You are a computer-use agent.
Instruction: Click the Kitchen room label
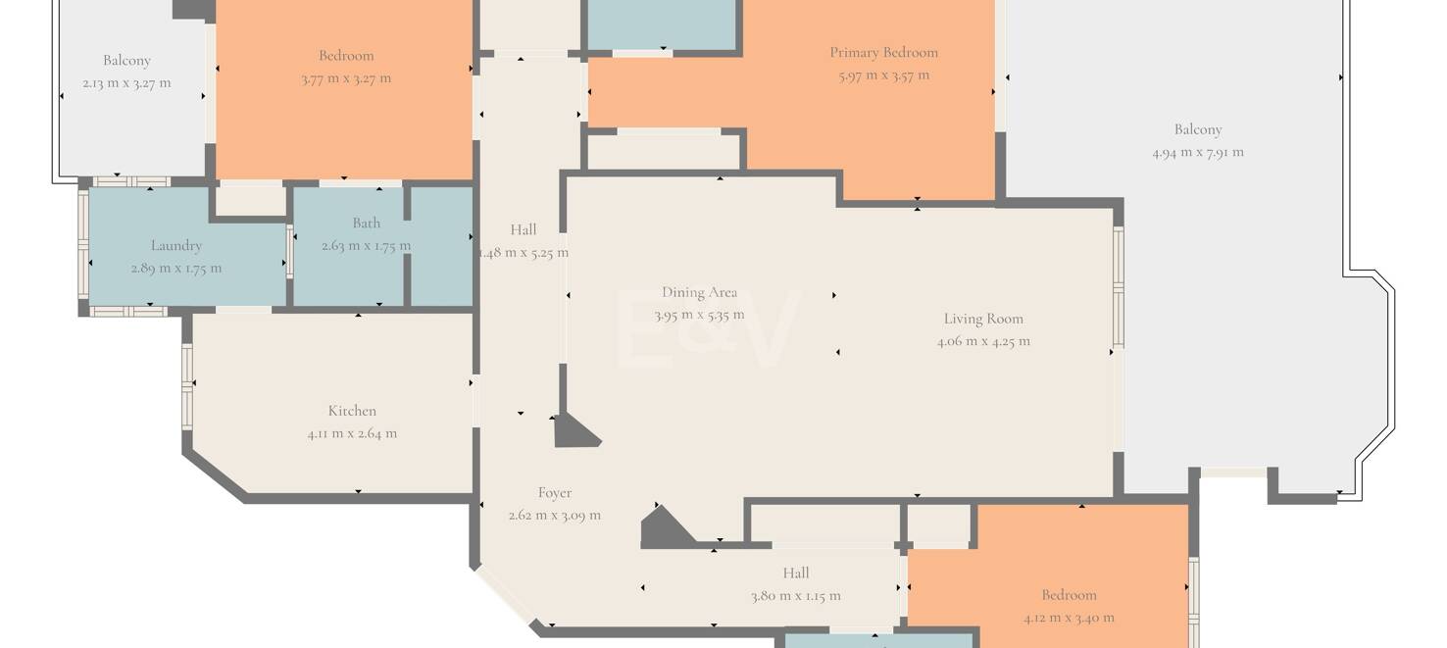(x=352, y=411)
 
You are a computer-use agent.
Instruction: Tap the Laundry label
(x=176, y=246)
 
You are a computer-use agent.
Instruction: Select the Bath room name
(x=367, y=223)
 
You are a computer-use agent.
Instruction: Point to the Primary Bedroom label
(x=883, y=53)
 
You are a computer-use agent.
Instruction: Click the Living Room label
(x=983, y=320)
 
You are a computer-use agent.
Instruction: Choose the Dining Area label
(x=699, y=293)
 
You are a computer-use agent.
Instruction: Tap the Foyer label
(x=554, y=493)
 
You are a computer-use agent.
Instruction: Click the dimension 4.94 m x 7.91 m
(x=1198, y=153)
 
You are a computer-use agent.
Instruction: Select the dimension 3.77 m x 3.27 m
(x=346, y=78)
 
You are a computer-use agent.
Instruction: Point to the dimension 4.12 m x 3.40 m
(x=1069, y=618)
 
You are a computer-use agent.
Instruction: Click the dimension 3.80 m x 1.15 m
(x=795, y=596)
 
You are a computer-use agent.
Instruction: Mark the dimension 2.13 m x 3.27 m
(x=126, y=82)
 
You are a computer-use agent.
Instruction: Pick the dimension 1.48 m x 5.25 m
(x=524, y=253)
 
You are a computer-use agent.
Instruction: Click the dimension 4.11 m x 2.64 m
(x=352, y=433)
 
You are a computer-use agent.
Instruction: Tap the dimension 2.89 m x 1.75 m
(x=176, y=268)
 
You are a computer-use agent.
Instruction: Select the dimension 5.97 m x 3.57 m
(x=883, y=75)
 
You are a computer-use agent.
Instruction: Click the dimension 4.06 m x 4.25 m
(x=983, y=341)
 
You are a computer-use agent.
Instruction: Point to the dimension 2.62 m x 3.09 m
(x=554, y=516)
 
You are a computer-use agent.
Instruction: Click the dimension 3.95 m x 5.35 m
(x=699, y=316)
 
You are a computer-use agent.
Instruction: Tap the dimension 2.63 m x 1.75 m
(x=367, y=245)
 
